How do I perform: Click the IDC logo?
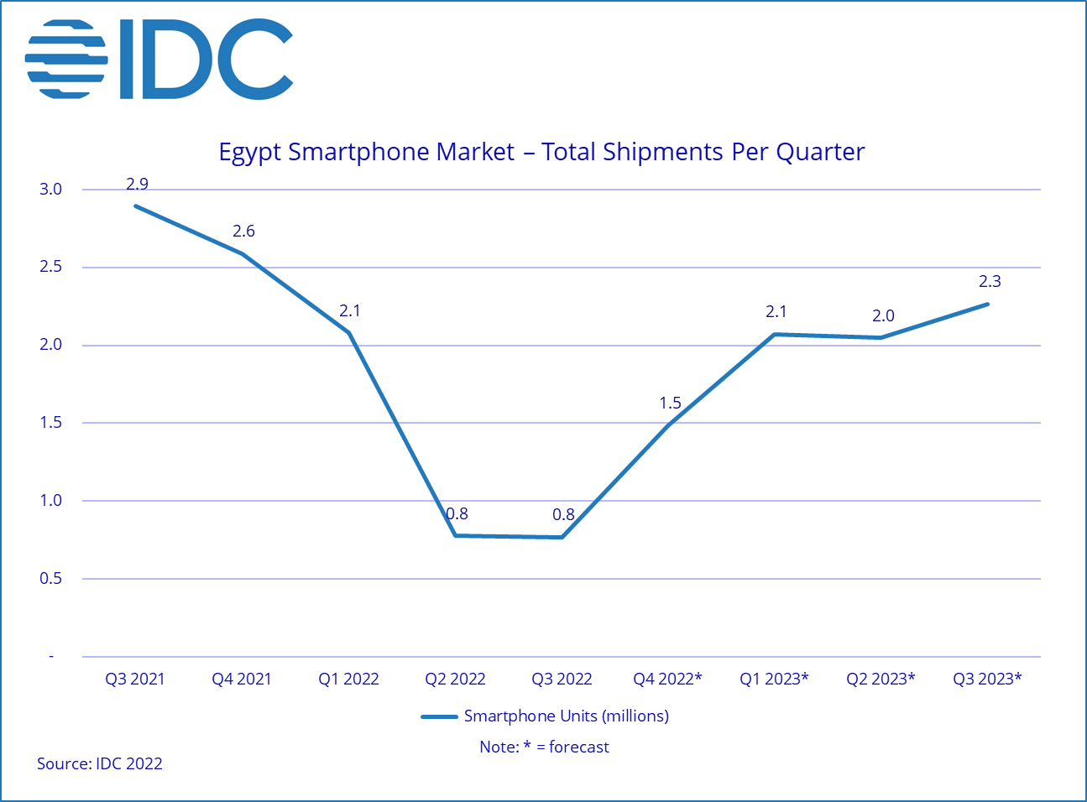pos(159,59)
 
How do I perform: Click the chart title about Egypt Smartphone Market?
pos(541,152)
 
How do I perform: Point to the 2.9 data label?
pos(137,184)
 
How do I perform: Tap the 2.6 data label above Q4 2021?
pos(243,231)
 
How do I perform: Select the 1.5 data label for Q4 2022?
pos(670,403)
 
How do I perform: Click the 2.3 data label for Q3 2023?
pos(990,281)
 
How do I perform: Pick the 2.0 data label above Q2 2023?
pos(883,315)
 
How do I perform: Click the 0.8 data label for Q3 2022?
pos(563,514)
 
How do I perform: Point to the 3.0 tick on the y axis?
pos(50,189)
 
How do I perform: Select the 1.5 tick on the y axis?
pos(50,422)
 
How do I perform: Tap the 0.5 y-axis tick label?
pos(50,578)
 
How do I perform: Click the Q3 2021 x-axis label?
pos(135,679)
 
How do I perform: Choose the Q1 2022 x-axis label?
pos(348,679)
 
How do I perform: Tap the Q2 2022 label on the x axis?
pos(455,679)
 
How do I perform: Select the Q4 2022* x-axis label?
pos(667,679)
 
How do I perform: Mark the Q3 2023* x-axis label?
pos(987,679)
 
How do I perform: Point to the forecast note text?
pos(544,747)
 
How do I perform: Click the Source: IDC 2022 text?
pos(99,763)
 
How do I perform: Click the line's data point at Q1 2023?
pos(774,335)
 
